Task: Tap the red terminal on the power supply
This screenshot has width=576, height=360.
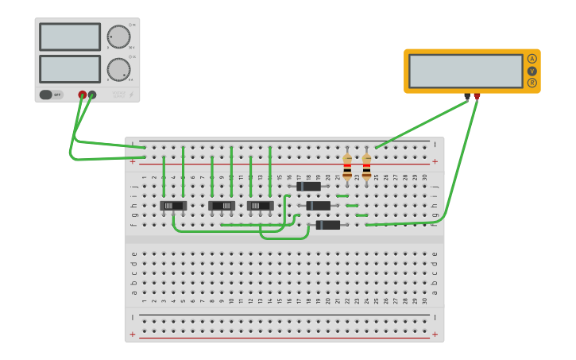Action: click(x=82, y=95)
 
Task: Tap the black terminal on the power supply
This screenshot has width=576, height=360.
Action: click(x=92, y=95)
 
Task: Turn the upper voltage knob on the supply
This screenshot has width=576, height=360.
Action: click(x=118, y=37)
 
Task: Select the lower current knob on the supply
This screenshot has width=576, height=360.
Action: click(x=118, y=69)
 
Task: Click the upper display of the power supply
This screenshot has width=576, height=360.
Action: click(x=70, y=37)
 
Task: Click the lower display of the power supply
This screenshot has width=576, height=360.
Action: click(x=70, y=69)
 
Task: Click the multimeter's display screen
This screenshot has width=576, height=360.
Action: click(x=466, y=71)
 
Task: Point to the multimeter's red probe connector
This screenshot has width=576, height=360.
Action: click(x=477, y=96)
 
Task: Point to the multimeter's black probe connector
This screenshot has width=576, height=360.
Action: click(x=467, y=96)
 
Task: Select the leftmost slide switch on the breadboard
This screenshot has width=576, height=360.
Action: click(x=173, y=206)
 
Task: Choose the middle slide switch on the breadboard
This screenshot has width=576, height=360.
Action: click(x=222, y=206)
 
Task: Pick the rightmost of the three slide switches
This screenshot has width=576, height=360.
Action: click(x=261, y=206)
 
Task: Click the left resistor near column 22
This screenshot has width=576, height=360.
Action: click(x=347, y=166)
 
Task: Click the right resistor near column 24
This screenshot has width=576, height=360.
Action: click(x=366, y=166)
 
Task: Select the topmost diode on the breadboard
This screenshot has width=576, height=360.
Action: click(x=309, y=186)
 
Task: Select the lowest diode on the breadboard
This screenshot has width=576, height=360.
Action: click(x=328, y=225)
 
